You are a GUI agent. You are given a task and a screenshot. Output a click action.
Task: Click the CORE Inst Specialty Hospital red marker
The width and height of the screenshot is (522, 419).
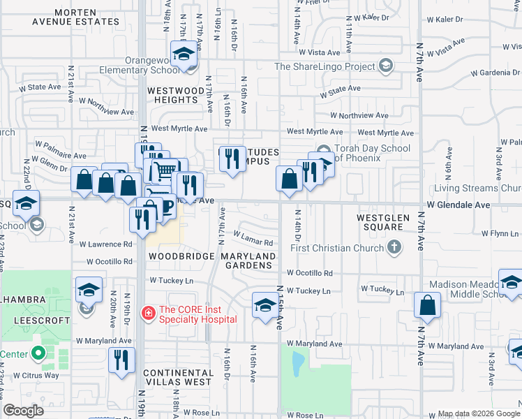(x=148, y=312)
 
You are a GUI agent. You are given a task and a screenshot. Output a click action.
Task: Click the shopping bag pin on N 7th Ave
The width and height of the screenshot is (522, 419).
(x=427, y=305)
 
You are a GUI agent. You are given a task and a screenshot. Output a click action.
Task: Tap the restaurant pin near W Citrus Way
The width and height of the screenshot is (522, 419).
(x=122, y=360)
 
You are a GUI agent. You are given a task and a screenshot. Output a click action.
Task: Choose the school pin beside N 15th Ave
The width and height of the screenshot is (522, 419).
(x=264, y=305)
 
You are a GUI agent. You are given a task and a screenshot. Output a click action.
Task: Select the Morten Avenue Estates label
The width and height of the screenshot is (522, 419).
(x=76, y=17)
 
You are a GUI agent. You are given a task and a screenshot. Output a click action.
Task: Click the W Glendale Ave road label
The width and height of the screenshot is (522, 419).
(x=458, y=205)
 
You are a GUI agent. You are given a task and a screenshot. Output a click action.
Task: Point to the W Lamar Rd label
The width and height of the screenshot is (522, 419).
(x=252, y=239)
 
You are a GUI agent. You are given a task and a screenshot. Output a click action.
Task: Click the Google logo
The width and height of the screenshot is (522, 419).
(x=24, y=410)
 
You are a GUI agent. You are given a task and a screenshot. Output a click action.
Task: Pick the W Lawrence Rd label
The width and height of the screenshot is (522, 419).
(x=105, y=244)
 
